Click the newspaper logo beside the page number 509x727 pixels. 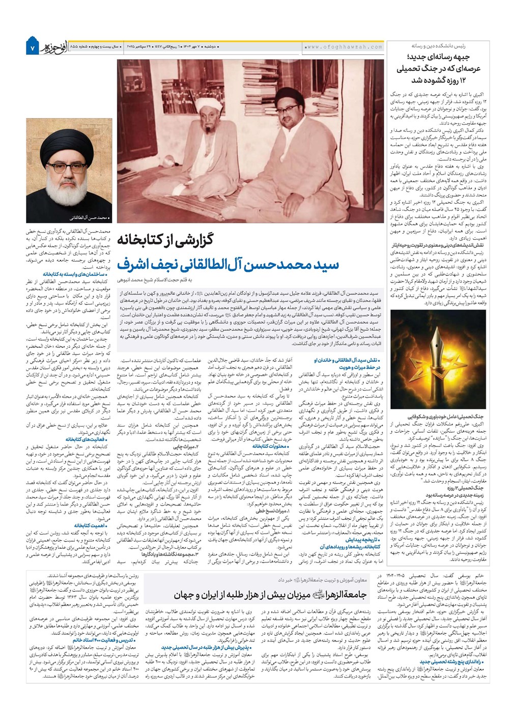pos(54,47)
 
